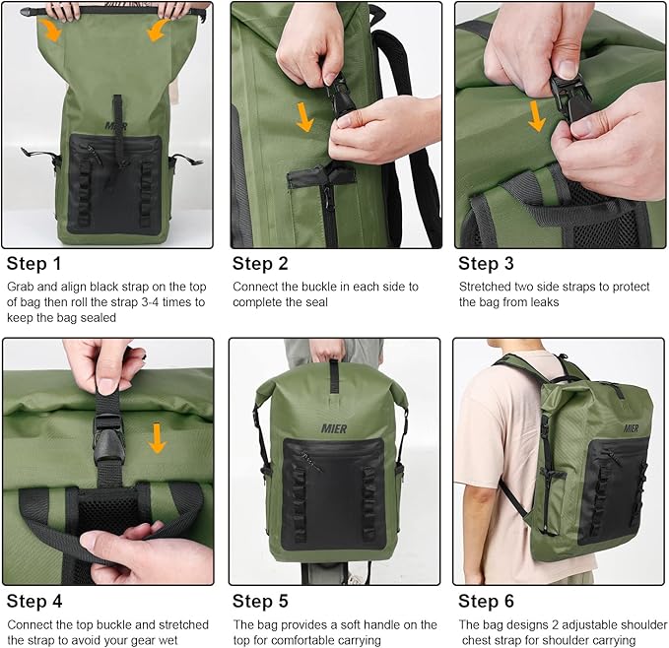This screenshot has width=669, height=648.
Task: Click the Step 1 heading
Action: pos(34,263)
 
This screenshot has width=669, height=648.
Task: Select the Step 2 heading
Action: pos(261,263)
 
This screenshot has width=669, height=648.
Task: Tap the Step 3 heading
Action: pos(487,263)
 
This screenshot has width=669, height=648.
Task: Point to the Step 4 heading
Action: pos(34,602)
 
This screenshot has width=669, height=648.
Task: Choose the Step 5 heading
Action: pos(261,602)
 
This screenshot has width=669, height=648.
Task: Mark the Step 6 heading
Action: pos(487,602)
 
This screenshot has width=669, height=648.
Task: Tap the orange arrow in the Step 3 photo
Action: pos(537,115)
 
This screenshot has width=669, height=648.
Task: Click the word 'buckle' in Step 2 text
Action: pos(323,287)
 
